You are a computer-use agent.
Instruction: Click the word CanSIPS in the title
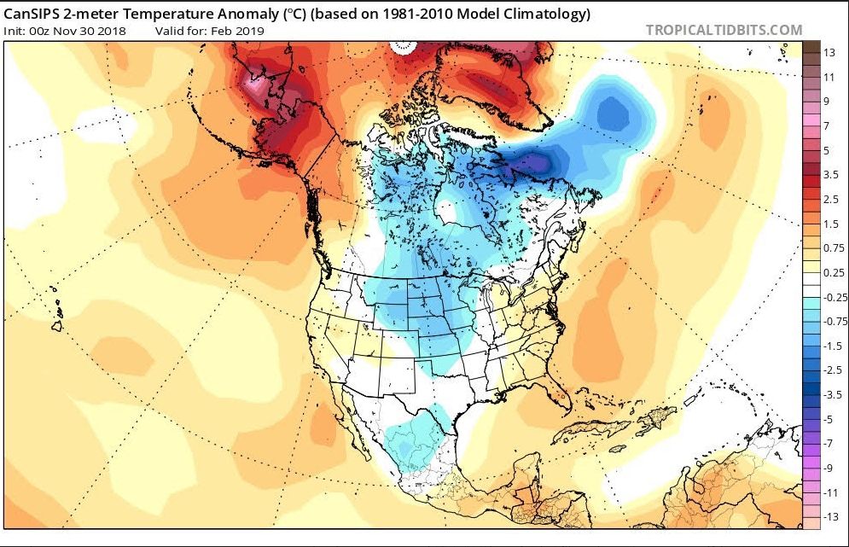point(35,15)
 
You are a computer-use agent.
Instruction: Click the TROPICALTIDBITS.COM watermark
point(724,30)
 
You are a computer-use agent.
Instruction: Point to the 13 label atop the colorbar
point(829,53)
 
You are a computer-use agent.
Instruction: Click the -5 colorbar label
point(829,420)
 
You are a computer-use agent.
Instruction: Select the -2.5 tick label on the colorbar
point(830,371)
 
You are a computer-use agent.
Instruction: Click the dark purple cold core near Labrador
point(535,161)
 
